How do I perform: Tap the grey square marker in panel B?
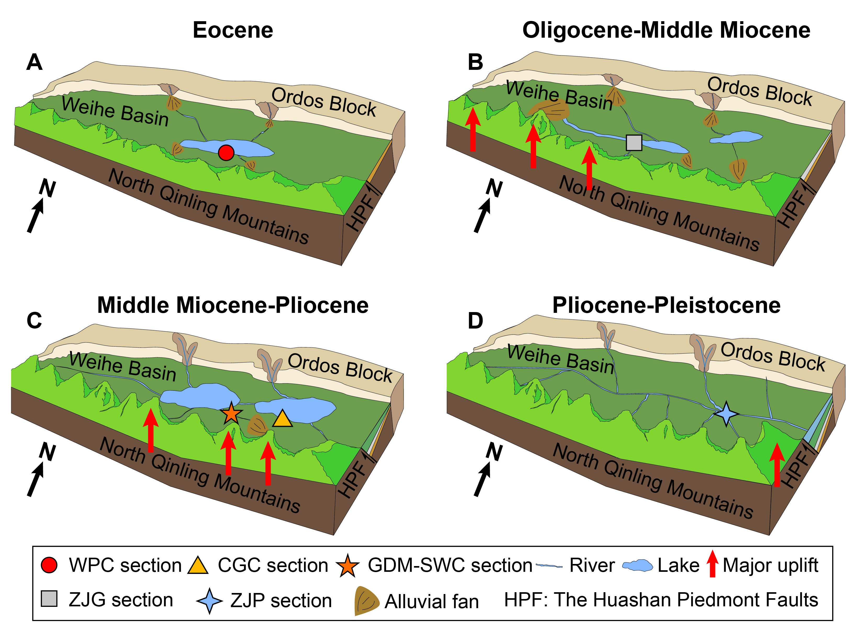pyautogui.click(x=634, y=143)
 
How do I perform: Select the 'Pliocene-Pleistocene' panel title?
pyautogui.click(x=666, y=305)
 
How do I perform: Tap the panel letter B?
pyautogui.click(x=475, y=62)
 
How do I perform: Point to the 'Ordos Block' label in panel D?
pyautogui.click(x=773, y=357)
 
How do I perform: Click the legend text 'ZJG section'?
pyautogui.click(x=120, y=600)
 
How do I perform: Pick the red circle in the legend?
pyautogui.click(x=49, y=565)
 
